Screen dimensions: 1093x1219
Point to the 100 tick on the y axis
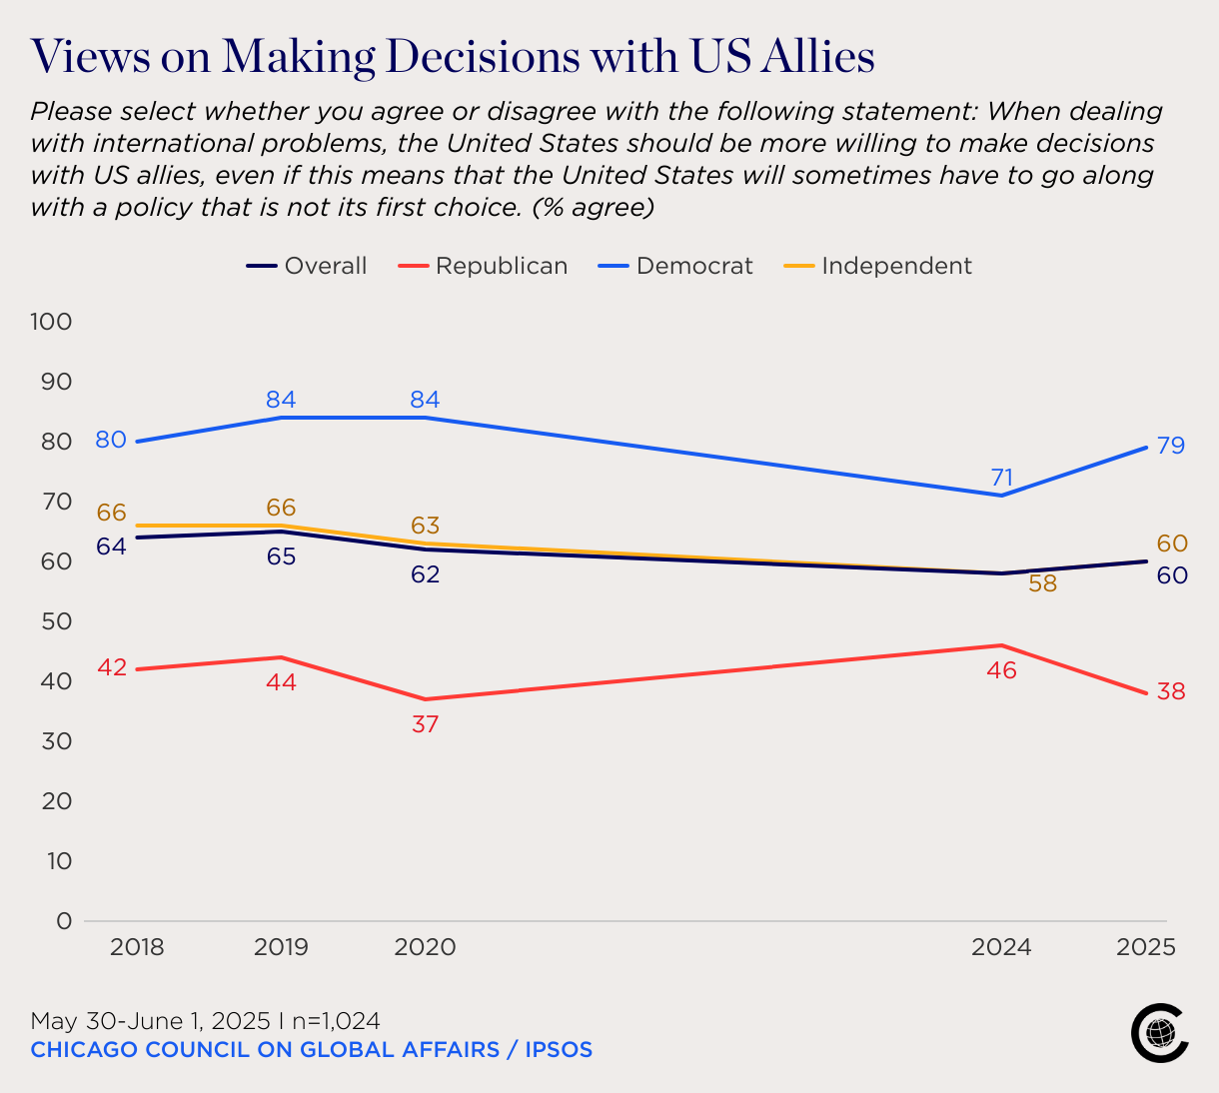click(52, 322)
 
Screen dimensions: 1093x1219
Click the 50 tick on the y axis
click(57, 621)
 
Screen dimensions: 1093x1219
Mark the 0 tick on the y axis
click(65, 921)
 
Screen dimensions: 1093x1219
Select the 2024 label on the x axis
click(1001, 947)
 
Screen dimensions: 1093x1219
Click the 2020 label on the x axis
click(425, 947)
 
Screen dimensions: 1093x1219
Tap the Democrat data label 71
click(1001, 478)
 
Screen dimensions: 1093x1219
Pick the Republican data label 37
click(425, 723)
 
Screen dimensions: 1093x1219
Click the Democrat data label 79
click(1171, 446)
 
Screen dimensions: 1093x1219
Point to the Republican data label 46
click(1001, 670)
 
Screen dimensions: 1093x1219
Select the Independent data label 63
click(425, 526)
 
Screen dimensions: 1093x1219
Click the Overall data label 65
click(281, 556)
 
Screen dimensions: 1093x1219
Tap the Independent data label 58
click(1042, 583)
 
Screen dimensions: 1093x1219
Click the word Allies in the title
click(817, 57)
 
